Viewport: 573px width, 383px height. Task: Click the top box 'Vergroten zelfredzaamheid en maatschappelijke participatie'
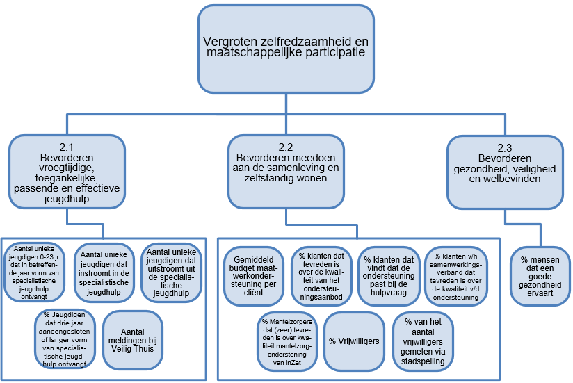coord(285,48)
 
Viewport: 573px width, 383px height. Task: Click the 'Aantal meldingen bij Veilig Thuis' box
coord(132,339)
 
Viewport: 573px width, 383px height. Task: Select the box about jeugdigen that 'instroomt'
coord(105,273)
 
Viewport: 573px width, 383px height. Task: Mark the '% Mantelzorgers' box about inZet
coord(288,341)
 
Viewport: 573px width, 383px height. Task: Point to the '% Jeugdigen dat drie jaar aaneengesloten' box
coord(65,339)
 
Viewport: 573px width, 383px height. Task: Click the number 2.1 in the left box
coord(67,147)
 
